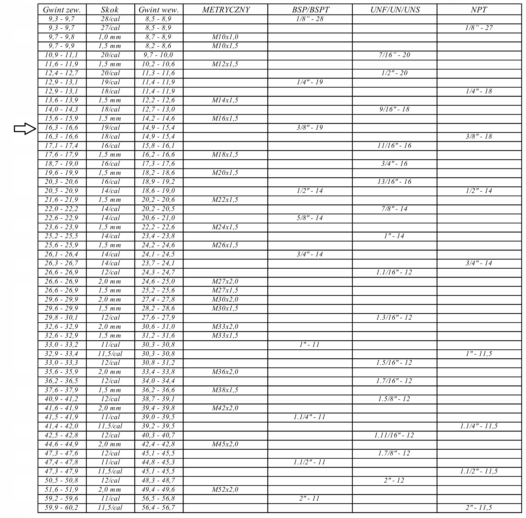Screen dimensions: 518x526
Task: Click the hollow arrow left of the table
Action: (25, 129)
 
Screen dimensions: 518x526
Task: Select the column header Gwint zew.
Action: (62, 10)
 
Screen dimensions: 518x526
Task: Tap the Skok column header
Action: (110, 10)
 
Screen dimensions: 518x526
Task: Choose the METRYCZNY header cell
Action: (225, 10)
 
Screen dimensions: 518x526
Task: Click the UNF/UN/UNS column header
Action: (395, 10)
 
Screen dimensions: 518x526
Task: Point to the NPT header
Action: (479, 10)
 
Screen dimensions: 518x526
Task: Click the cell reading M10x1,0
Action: (225, 37)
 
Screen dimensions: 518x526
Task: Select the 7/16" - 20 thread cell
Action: (394, 55)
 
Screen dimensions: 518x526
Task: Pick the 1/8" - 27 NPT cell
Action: (479, 28)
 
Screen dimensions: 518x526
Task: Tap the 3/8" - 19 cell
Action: (310, 128)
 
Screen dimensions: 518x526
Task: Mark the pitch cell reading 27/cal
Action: (110, 28)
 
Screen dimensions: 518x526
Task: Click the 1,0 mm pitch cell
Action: (110, 37)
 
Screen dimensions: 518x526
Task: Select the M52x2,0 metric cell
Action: (225, 490)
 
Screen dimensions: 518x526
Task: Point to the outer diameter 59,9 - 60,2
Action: (61, 508)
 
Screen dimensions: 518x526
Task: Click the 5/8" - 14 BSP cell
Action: (310, 218)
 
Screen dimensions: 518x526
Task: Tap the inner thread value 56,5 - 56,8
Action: (158, 498)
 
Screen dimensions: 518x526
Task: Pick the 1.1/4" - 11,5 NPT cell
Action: (479, 426)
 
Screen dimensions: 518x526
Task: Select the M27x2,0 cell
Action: (225, 281)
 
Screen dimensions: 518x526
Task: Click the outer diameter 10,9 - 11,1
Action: (61, 55)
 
